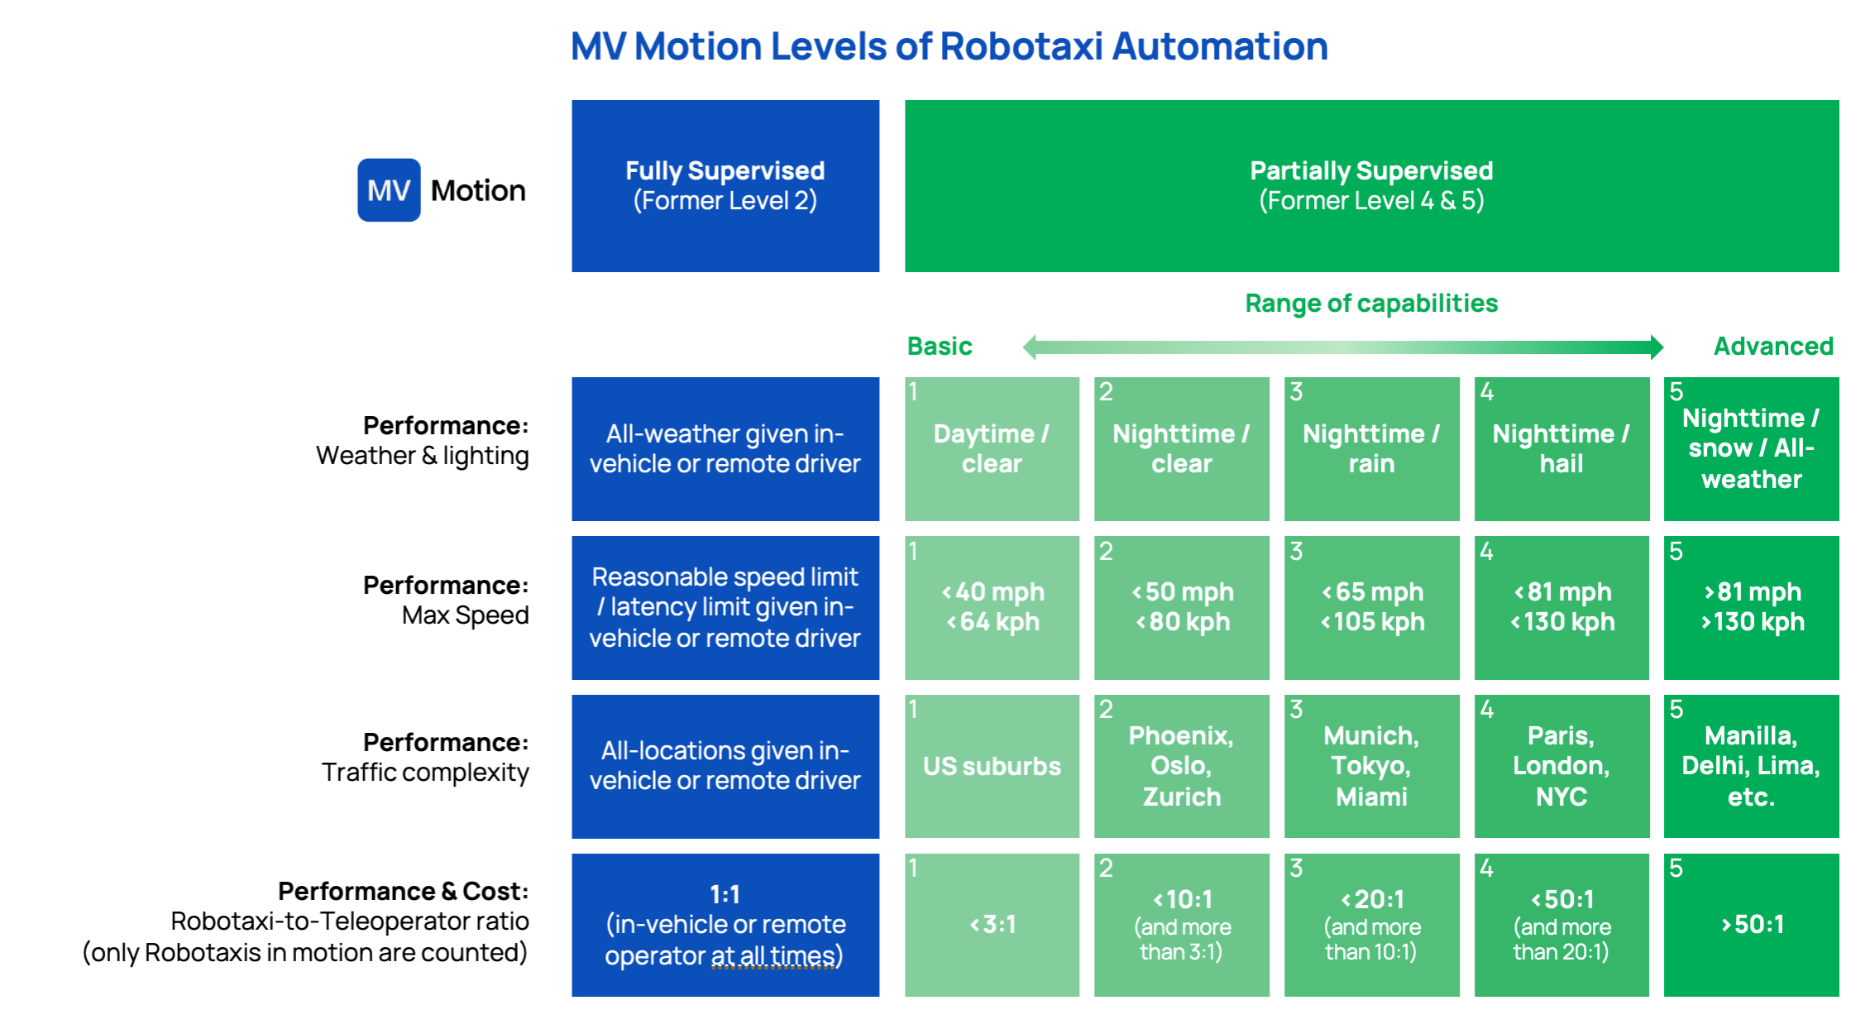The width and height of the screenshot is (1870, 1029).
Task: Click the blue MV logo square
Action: [389, 190]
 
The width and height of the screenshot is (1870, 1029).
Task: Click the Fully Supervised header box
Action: [725, 186]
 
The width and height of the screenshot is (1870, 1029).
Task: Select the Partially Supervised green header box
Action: [1370, 186]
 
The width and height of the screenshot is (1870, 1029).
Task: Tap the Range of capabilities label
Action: [1370, 304]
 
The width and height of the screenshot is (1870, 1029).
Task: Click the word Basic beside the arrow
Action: [940, 346]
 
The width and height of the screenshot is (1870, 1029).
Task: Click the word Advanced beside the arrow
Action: [1772, 346]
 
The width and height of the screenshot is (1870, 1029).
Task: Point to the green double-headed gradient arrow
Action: [1342, 347]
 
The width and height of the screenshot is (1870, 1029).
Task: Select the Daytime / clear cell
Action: [992, 449]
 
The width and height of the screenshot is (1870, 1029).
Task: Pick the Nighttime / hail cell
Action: [1561, 449]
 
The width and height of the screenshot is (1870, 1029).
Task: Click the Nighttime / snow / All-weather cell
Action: [1751, 449]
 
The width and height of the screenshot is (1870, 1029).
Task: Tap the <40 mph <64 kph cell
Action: [992, 607]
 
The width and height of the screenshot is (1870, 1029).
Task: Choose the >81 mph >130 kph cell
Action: [1751, 607]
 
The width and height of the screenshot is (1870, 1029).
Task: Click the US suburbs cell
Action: [992, 766]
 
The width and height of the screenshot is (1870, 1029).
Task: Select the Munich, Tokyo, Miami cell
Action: [1370, 766]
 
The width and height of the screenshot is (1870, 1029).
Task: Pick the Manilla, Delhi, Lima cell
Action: [1751, 766]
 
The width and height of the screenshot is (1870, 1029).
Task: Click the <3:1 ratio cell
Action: [992, 925]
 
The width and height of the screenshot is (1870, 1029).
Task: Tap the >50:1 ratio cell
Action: [1751, 925]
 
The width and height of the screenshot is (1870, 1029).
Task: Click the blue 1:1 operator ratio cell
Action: [725, 925]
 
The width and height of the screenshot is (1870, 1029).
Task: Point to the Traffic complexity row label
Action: [425, 773]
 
